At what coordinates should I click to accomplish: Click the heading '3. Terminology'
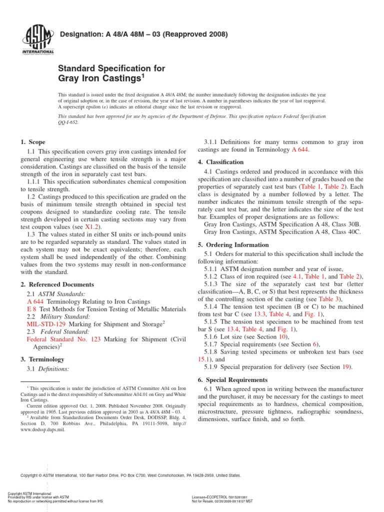pos(42,359)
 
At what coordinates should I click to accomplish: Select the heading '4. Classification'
pos(220,162)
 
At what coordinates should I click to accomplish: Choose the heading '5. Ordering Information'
pos(233,245)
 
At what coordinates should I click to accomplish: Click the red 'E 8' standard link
pos(31,309)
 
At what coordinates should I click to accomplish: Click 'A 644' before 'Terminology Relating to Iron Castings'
pos(35,301)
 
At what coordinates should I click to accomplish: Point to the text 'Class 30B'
pos(346,224)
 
